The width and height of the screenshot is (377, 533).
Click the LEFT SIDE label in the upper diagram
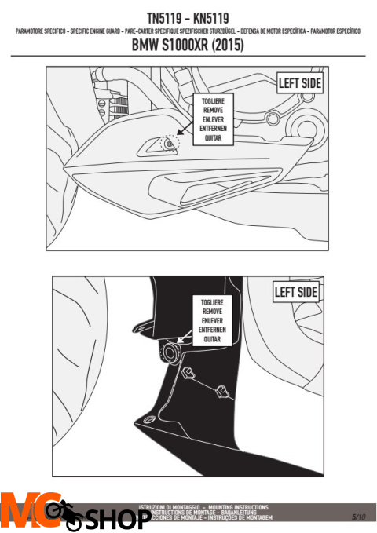(x=299, y=82)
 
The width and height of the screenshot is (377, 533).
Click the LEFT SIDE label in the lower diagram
(x=295, y=292)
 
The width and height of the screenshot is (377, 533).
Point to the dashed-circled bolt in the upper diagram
(x=169, y=143)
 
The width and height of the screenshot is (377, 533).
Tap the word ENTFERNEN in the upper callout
(x=207, y=129)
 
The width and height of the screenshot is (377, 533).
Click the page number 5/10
(x=359, y=516)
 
